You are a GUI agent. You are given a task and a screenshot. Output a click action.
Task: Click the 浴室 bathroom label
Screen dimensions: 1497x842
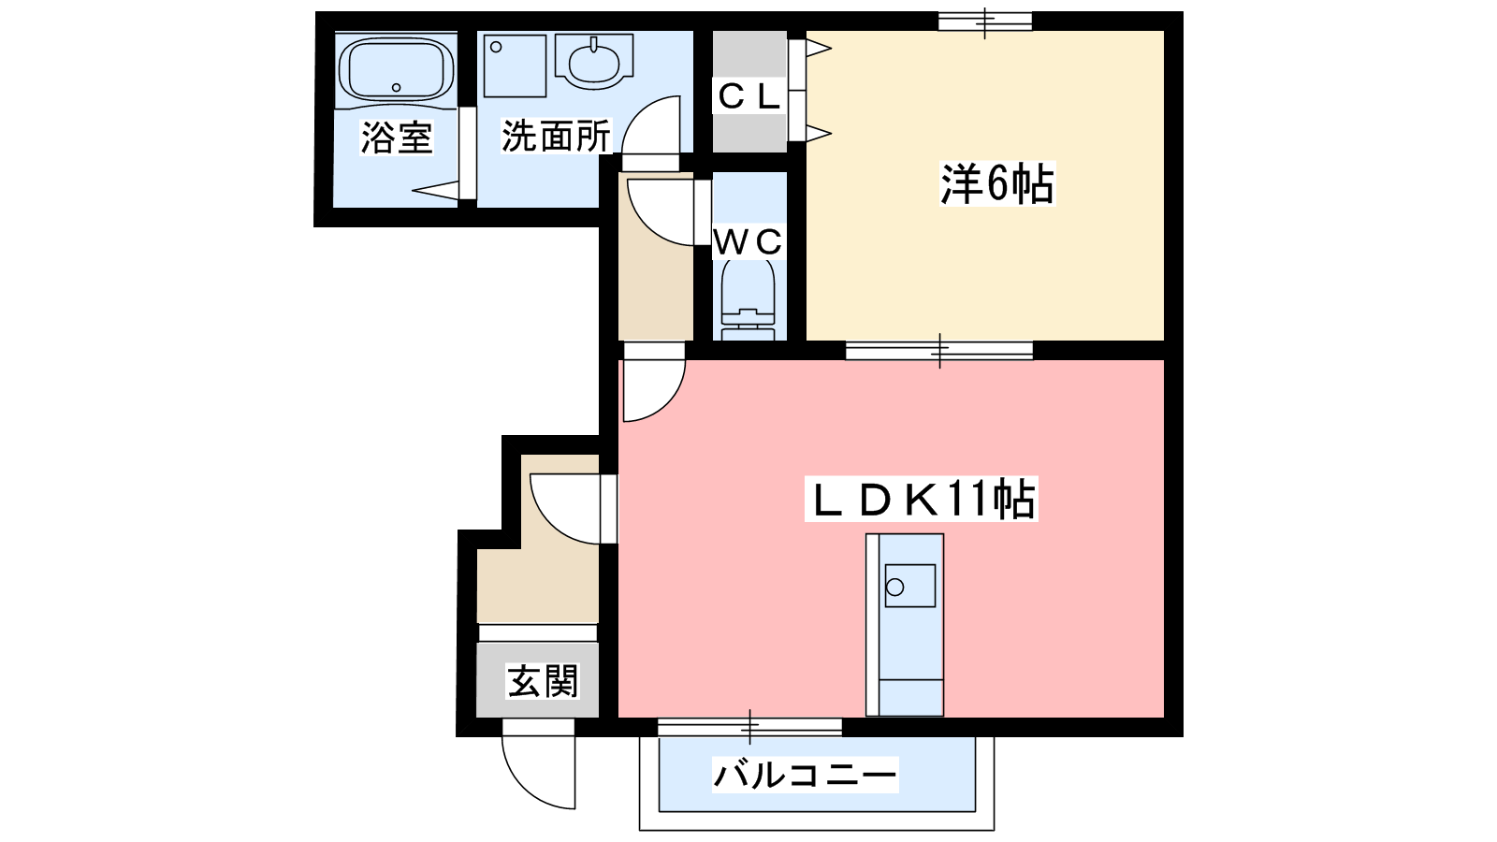(397, 138)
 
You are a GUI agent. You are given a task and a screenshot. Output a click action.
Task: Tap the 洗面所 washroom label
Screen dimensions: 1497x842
(556, 137)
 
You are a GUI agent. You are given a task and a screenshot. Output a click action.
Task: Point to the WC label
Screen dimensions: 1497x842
(748, 242)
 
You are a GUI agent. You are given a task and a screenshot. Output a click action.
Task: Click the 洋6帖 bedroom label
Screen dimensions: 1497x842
(997, 183)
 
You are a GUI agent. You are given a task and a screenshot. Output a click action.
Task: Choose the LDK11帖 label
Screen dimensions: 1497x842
(922, 499)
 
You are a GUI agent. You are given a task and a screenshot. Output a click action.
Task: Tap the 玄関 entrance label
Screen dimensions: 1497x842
(542, 681)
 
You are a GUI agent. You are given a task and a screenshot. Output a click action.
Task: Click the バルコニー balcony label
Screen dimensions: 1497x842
(805, 775)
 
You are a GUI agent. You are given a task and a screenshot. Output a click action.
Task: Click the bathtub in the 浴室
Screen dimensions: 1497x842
(397, 69)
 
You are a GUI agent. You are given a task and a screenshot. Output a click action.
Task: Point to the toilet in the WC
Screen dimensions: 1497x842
(748, 299)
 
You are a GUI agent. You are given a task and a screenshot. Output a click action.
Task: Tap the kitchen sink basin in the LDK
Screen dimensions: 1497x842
(909, 586)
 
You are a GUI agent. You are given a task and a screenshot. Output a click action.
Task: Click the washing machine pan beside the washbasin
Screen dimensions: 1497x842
(515, 66)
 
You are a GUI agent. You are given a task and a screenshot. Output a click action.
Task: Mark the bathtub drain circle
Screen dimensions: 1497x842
(397, 88)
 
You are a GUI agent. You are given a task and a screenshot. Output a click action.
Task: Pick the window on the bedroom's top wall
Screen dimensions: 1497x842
(985, 22)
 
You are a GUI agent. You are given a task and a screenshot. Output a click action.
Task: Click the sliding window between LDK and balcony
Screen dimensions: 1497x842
(749, 727)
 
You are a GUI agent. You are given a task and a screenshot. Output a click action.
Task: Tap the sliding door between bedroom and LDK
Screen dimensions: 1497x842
(939, 350)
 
